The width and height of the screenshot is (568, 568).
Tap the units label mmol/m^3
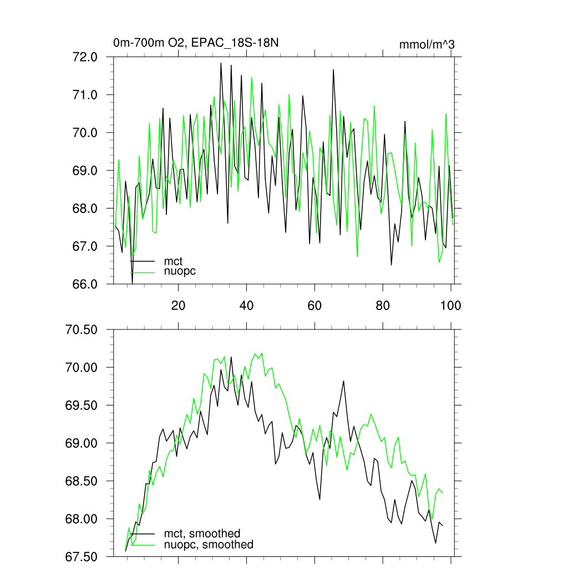coord(427,44)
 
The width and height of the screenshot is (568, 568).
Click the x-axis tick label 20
coord(178,305)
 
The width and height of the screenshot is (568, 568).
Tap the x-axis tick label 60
coord(315,305)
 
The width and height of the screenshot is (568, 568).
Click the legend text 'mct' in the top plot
coord(173,261)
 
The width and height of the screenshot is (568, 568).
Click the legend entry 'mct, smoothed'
coord(202,534)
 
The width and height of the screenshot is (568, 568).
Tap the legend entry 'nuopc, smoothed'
coord(209,545)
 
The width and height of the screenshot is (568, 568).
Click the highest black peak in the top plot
coord(221,63)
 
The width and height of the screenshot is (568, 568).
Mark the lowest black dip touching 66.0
coord(132,283)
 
